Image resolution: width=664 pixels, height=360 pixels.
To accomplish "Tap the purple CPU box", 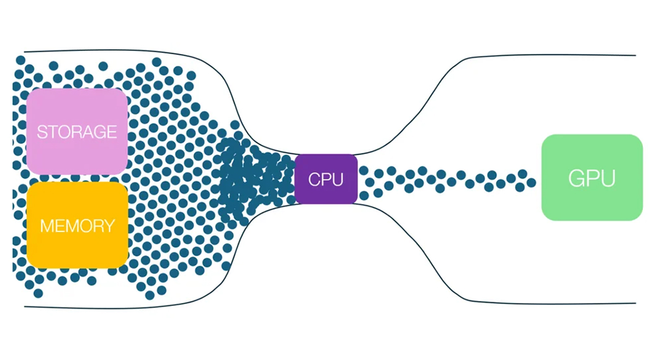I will point(326,179).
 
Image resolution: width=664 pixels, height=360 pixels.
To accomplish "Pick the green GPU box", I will point(591,178).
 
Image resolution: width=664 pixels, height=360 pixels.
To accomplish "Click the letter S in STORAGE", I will point(42,132).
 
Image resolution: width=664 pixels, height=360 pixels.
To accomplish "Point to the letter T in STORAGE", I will point(51,132).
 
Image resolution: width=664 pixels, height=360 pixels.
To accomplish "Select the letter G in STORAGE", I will point(99,132).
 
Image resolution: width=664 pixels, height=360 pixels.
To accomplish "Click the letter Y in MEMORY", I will point(109,225).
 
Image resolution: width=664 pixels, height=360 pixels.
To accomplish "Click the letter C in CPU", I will point(314,180).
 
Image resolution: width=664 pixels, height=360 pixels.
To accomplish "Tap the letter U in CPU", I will point(336,180).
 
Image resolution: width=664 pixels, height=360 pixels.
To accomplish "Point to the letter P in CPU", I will point(325,180).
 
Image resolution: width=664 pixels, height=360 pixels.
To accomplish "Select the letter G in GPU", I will point(577,179).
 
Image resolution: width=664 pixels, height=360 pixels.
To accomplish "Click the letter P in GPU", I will point(592,179).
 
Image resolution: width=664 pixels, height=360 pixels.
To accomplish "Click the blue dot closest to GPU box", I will point(531,182).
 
